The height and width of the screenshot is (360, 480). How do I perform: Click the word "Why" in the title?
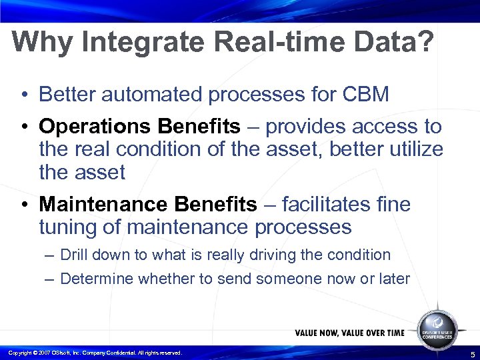coord(43,43)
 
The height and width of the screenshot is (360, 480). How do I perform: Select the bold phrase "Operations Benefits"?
coord(139,126)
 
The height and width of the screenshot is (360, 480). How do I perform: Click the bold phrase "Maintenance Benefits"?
coord(147,204)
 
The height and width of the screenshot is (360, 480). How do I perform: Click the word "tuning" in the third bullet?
coord(70,227)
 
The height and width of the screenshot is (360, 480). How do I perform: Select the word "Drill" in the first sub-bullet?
coord(74,255)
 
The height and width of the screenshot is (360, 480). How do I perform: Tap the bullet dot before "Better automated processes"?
coord(23,95)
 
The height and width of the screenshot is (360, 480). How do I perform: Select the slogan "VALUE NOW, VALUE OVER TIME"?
coord(349,333)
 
